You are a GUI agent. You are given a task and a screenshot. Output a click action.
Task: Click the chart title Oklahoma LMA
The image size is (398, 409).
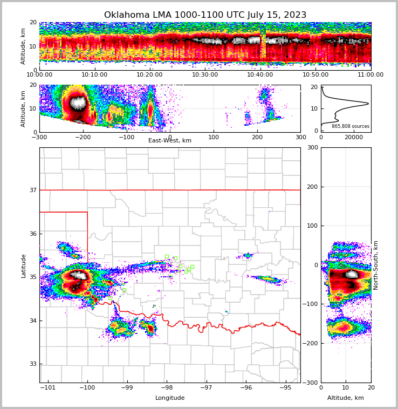(205, 15)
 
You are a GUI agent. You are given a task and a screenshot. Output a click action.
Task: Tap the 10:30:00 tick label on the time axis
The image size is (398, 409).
(205, 75)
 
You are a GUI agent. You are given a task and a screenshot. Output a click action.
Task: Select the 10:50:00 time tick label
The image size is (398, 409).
(315, 75)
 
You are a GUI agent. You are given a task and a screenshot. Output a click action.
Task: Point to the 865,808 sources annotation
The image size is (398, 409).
(351, 126)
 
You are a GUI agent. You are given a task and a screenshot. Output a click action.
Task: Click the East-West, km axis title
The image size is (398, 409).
(170, 141)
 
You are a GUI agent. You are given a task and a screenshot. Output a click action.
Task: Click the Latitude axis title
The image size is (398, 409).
(24, 265)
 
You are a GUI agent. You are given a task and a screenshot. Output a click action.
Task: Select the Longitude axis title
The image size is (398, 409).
(170, 398)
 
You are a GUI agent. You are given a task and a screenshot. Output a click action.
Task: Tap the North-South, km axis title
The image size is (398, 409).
(376, 265)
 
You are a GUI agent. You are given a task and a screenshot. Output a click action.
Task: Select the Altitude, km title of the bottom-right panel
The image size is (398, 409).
(346, 398)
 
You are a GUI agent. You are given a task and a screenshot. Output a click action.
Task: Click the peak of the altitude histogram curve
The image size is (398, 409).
(368, 103)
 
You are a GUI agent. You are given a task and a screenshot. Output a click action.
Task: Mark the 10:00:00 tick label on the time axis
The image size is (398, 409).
(39, 75)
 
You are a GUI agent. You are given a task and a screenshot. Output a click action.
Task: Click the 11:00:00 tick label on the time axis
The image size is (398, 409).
(370, 75)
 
